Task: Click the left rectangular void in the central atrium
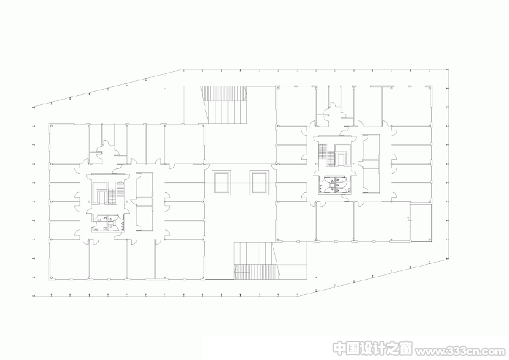coord(222,183)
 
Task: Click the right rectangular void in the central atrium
coord(259,183)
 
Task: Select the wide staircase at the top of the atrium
coord(224,105)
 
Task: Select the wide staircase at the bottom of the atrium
coord(256,261)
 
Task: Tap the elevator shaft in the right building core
coord(341,159)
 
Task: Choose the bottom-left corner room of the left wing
coord(69,259)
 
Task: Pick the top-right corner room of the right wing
coord(407,106)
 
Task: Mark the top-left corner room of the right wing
coord(296,106)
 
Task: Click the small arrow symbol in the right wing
coord(408,219)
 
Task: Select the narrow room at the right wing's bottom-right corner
coord(421,222)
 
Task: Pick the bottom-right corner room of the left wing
coord(180,259)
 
